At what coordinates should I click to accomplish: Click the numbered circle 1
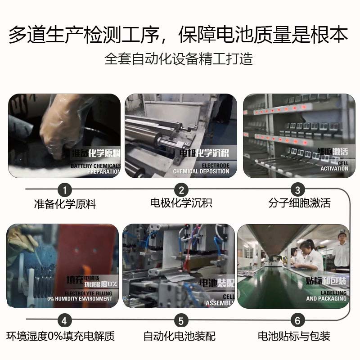pos(66,189)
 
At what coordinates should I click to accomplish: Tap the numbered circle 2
pos(181,189)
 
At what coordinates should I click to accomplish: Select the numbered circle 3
pos(297,189)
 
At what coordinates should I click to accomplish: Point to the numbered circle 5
pos(181,320)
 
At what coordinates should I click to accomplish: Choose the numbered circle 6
pos(297,320)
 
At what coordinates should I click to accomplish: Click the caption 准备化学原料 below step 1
pos(65,204)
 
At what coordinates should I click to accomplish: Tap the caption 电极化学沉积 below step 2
pos(181,203)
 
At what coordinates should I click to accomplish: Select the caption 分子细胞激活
pos(299,203)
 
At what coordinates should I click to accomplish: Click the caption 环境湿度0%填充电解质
pos(61,336)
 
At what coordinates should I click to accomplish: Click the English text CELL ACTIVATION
pos(334,166)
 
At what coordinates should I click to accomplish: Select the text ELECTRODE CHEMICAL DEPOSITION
pos(201,168)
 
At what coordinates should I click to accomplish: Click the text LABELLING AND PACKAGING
pos(326,295)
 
